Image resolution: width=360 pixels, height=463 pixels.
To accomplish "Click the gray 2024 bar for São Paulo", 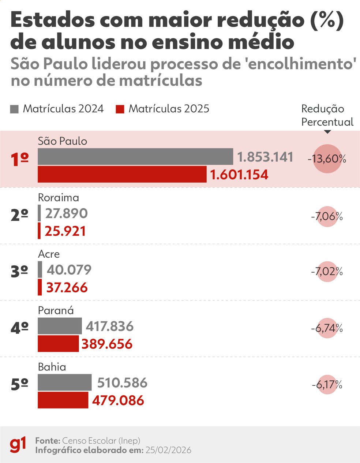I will [135, 157].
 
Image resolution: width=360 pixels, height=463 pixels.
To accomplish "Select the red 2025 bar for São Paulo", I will [122, 174].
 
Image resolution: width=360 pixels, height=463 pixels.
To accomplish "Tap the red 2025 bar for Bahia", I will [63, 400].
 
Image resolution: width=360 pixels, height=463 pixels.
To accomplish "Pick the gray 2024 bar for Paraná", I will [60, 326].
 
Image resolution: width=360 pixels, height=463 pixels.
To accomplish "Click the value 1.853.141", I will [265, 157].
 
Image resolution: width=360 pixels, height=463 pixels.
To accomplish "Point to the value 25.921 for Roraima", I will [65, 231].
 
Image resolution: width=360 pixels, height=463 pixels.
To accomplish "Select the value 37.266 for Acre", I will [67, 288].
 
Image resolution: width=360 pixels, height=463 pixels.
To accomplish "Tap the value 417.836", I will [110, 326].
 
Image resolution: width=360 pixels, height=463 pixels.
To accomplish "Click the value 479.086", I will [118, 400].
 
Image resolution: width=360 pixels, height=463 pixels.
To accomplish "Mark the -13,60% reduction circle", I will [327, 159].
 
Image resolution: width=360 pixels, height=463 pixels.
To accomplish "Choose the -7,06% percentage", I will [327, 217].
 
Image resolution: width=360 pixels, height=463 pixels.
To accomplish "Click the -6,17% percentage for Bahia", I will [327, 385].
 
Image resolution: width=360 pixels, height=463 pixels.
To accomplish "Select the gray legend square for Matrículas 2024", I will [14, 109].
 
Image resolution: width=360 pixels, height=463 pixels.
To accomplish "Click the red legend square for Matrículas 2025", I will [120, 109].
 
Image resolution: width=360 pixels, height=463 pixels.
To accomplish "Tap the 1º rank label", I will [20, 160].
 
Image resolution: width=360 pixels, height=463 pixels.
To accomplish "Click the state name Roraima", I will [59, 198].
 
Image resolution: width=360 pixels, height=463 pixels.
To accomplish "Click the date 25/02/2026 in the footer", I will [168, 450].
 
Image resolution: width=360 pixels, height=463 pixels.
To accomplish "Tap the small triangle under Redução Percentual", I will [327, 132].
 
